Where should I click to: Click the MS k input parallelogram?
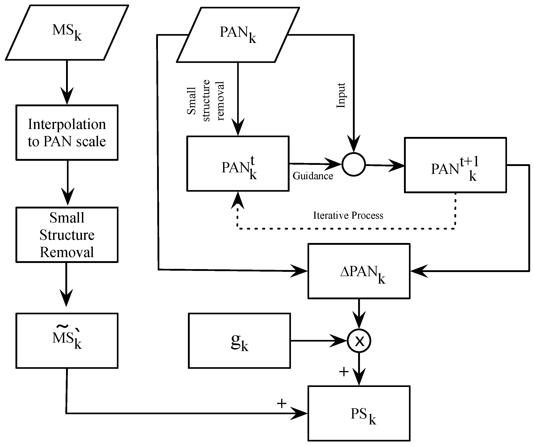pos(67,32)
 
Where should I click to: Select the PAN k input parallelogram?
pos(238,35)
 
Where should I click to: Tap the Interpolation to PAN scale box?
pos(67,133)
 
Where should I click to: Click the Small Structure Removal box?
pos(67,235)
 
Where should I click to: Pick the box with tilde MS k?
pos(67,341)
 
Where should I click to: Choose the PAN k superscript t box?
pos(238,164)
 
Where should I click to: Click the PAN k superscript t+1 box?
pos(456,165)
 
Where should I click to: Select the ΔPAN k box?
pos(359,271)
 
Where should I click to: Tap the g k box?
pos(239,341)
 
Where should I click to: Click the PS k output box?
pos(359,414)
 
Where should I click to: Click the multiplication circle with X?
pos(359,341)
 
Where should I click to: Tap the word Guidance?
pos(313,176)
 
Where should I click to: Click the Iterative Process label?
pos(348,216)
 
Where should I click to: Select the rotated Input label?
pos(341,95)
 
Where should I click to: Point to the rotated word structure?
pos(206,101)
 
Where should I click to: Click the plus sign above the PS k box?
pos(344,372)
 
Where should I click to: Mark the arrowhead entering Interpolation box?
pos(67,96)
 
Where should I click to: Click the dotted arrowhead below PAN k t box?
pos(238,200)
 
